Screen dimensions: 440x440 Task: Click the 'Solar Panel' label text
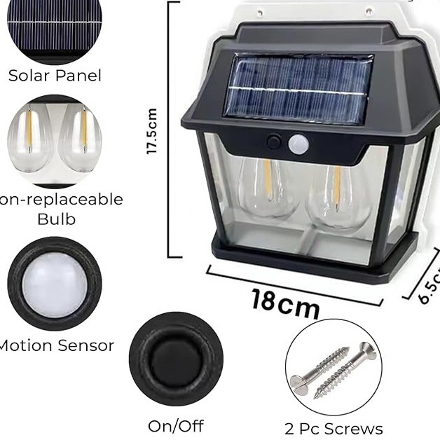(x=55, y=76)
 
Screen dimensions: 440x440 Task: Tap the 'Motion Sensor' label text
(x=56, y=345)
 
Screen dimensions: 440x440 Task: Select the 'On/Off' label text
(x=175, y=425)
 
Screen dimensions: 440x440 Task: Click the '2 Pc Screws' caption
(x=334, y=429)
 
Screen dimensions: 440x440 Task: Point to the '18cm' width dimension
(x=285, y=303)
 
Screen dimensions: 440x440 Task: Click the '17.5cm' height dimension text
(x=152, y=131)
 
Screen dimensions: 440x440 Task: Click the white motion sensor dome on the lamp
(x=298, y=144)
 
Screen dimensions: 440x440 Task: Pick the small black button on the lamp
(x=274, y=142)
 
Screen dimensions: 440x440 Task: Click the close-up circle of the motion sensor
(x=55, y=284)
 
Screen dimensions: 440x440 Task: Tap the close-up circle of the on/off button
(x=176, y=359)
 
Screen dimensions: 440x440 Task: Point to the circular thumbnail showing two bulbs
(x=55, y=140)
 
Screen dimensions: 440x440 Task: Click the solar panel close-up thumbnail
(x=55, y=28)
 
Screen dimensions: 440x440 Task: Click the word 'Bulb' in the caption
(x=56, y=219)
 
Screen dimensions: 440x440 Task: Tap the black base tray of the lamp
(x=308, y=259)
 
